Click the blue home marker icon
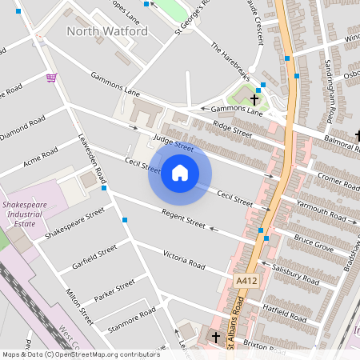[x=180, y=172]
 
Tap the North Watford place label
[x=107, y=31]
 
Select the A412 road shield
[x=246, y=282]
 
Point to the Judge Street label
[x=174, y=143]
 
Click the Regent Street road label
[x=184, y=215]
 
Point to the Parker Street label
[x=114, y=291]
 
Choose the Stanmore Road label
[x=131, y=318]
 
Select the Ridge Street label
[x=233, y=130]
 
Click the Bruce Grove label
[x=313, y=242]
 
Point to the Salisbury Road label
[x=295, y=274]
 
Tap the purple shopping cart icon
[x=51, y=78]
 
